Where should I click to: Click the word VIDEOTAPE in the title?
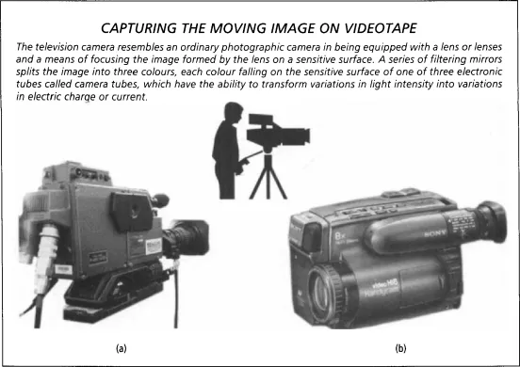(381, 28)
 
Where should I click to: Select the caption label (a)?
(122, 348)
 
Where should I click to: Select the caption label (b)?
(400, 348)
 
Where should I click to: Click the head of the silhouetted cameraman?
(233, 113)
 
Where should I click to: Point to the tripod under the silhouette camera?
(268, 174)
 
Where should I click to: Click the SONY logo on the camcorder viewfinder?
(435, 233)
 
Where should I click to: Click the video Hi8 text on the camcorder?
(385, 283)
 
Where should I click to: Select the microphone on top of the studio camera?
(160, 200)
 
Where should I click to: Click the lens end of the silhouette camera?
(305, 136)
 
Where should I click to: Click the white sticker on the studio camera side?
(154, 247)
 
